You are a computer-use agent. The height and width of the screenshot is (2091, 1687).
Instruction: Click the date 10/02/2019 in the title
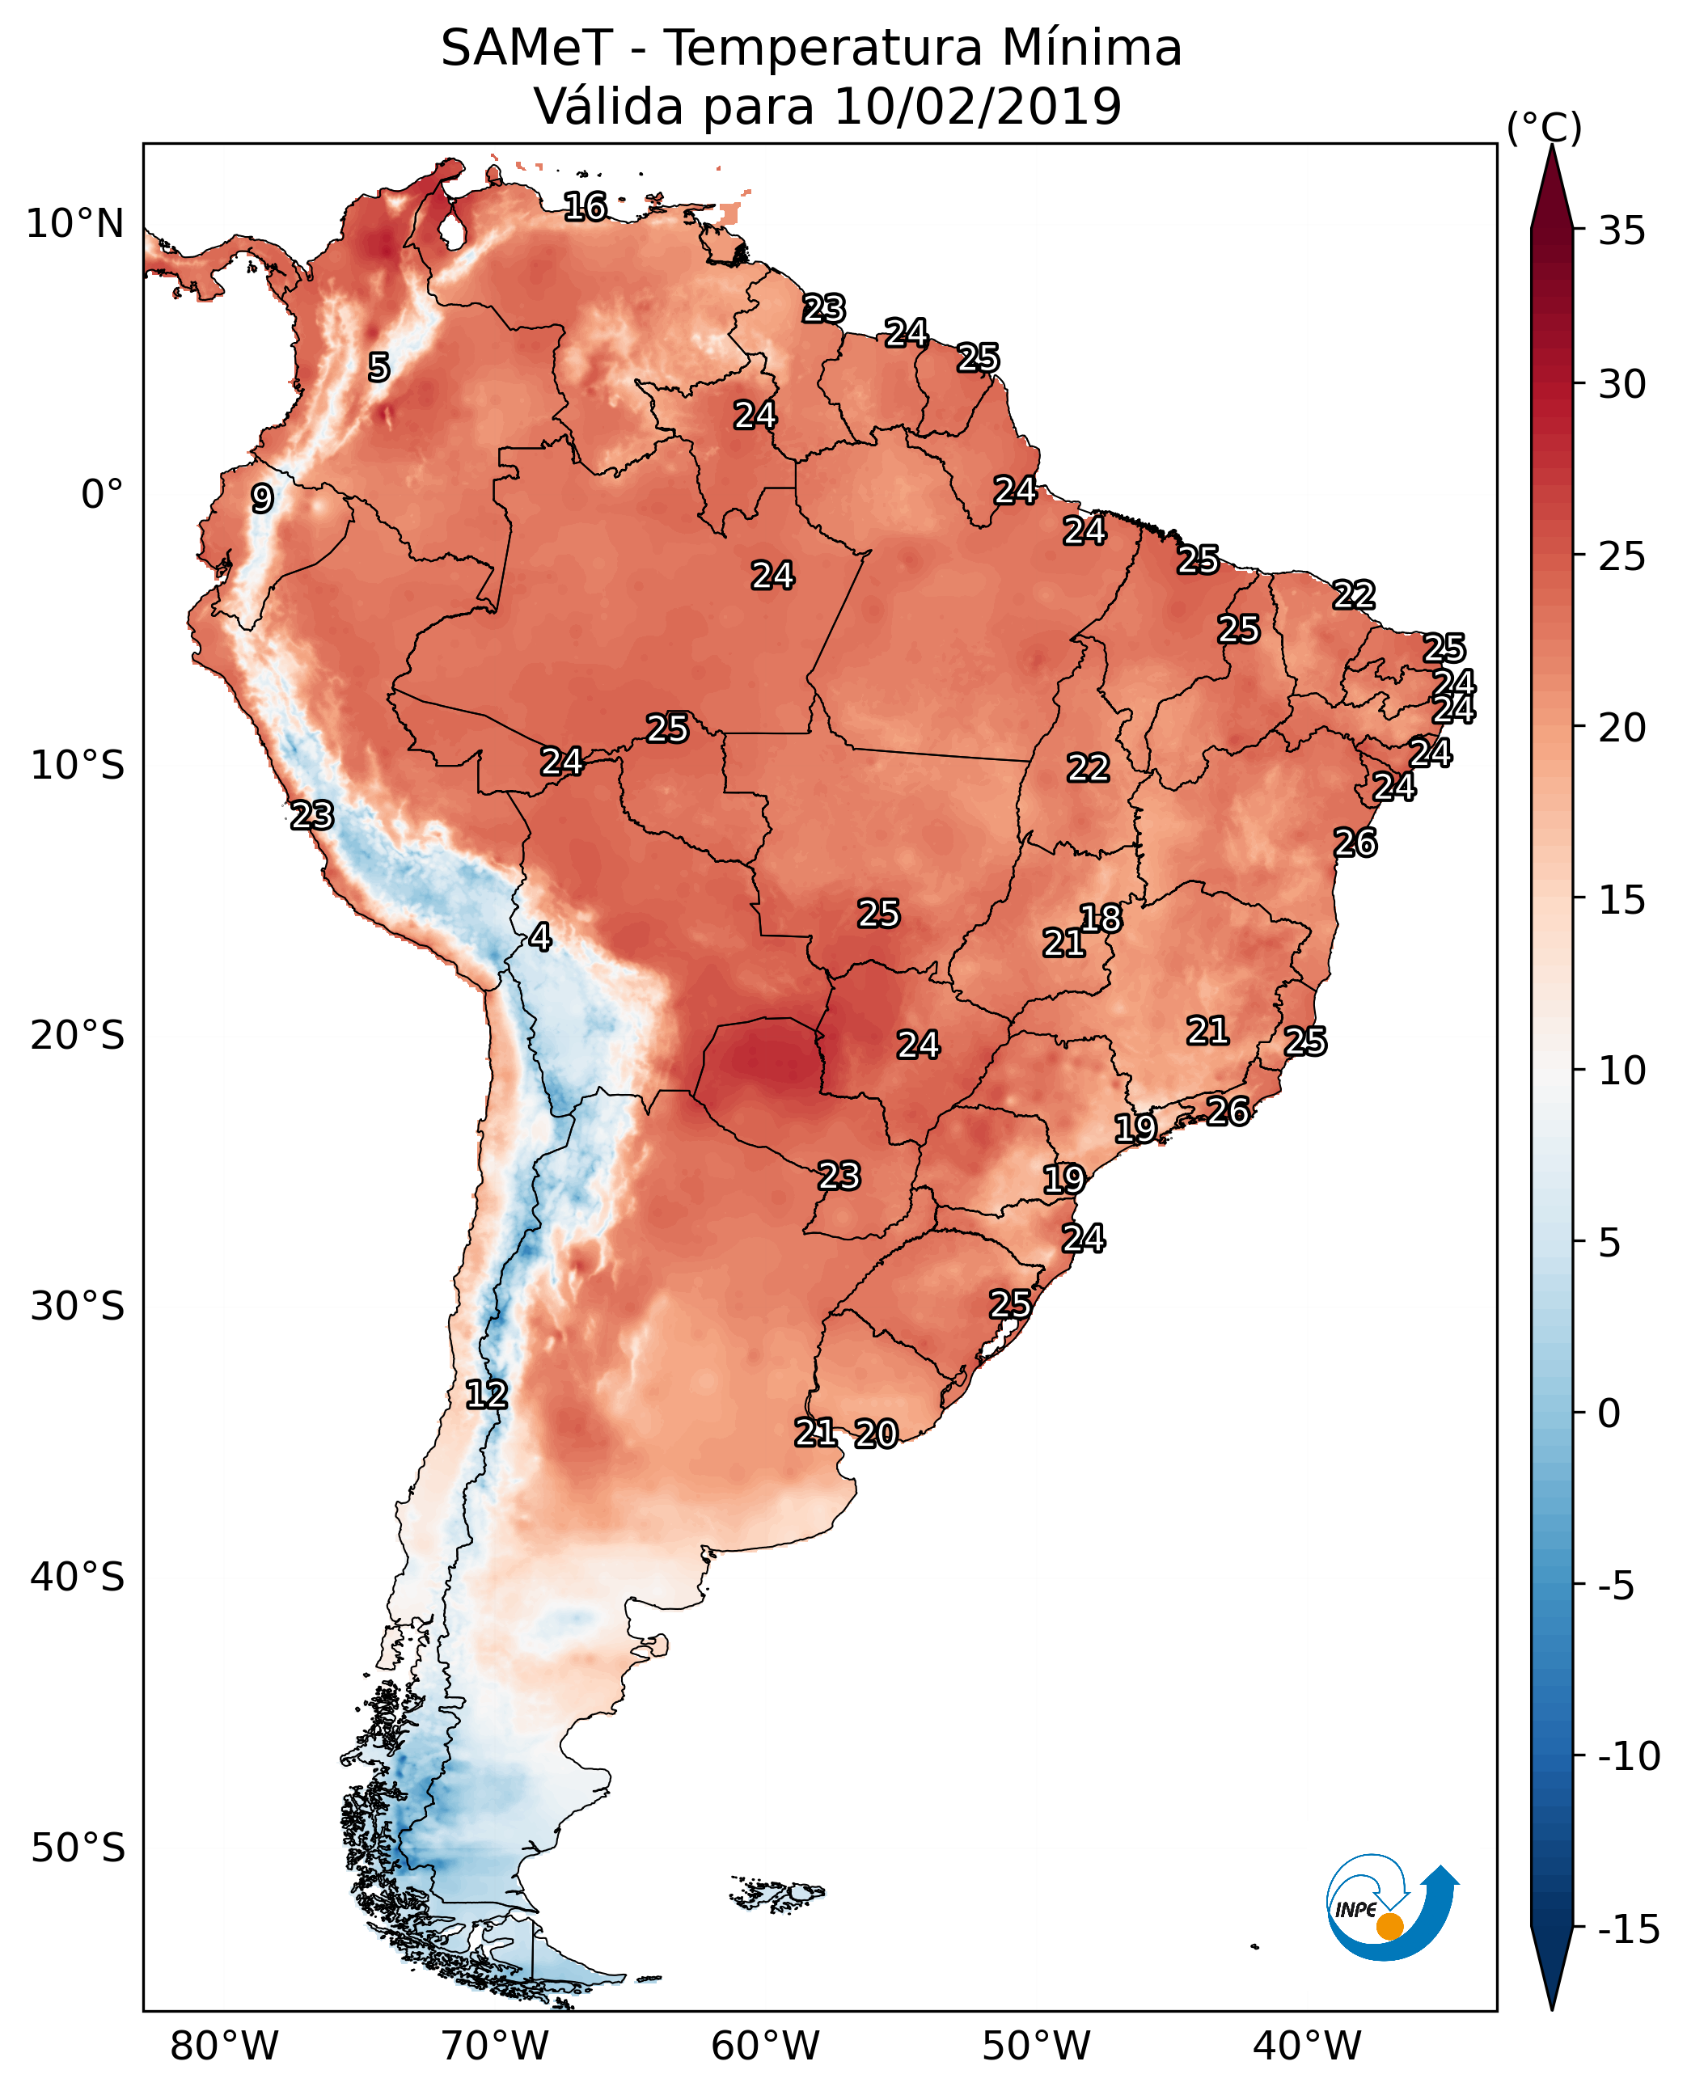click(978, 107)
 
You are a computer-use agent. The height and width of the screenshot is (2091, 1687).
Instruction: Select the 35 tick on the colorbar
click(1621, 231)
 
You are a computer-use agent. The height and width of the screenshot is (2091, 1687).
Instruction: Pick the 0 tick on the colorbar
click(1609, 1413)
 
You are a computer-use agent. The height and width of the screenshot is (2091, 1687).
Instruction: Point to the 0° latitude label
click(102, 495)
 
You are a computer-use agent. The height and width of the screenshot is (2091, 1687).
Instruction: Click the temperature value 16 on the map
click(585, 206)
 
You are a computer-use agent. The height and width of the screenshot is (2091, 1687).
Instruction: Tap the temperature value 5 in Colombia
click(379, 367)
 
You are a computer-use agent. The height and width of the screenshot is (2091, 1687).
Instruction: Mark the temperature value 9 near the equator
click(262, 498)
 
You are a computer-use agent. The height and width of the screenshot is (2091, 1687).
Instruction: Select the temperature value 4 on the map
click(540, 936)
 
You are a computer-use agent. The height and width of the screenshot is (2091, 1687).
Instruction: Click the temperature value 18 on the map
click(1101, 919)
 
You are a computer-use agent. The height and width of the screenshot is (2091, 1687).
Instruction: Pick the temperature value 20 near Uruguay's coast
click(877, 1433)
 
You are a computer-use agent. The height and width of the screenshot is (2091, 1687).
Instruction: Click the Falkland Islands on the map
click(777, 1893)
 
